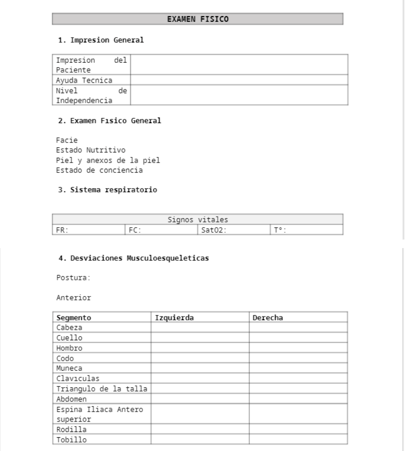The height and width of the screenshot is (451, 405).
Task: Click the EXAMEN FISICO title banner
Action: pos(198,19)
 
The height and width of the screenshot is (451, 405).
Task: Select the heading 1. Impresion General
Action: pos(100,40)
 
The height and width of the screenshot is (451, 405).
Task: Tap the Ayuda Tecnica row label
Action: pos(85,80)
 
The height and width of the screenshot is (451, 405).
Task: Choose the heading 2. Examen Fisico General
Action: pos(109,121)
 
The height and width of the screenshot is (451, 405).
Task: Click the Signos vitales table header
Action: pos(198,220)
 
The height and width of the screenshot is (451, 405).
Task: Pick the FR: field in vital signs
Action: pos(88,230)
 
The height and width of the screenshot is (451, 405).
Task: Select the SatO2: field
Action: pos(233,230)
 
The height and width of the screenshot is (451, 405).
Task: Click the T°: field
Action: pos(306,230)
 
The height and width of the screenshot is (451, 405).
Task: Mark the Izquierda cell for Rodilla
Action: pos(200,429)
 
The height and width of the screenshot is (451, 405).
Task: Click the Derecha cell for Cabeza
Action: pos(298,327)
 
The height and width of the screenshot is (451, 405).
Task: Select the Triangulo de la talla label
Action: pos(101,389)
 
